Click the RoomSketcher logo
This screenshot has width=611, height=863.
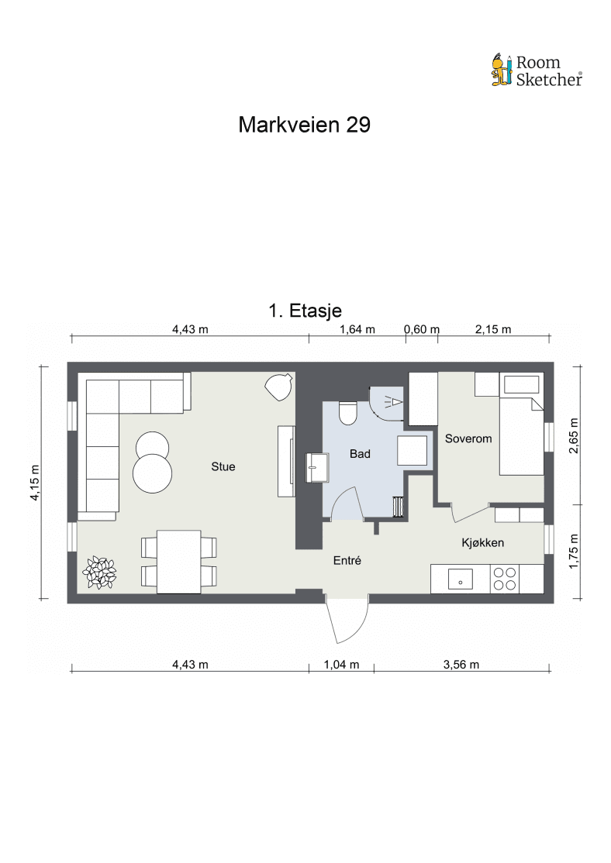point(537,70)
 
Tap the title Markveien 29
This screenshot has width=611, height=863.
point(304,125)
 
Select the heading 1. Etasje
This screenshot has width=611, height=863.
point(305,311)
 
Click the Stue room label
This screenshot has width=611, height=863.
point(223,466)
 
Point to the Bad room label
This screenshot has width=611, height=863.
point(360,454)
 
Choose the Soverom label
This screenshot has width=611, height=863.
point(468,438)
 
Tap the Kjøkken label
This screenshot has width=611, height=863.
point(482,543)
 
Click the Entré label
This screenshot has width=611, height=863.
point(347,560)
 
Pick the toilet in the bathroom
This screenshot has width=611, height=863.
point(347,414)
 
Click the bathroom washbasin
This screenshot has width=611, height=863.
point(316,467)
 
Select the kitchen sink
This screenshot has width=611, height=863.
point(460,579)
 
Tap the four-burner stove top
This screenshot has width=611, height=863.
point(505,579)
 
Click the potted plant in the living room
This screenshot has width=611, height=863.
point(100,572)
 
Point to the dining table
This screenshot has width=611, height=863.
point(178,562)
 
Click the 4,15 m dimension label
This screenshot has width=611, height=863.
point(35,483)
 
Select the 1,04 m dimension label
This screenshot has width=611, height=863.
point(342,665)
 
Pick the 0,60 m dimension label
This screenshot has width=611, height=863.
point(422,329)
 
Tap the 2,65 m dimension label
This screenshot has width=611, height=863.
point(574,435)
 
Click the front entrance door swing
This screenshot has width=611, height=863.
point(347,621)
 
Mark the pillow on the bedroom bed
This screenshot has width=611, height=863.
point(521,385)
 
